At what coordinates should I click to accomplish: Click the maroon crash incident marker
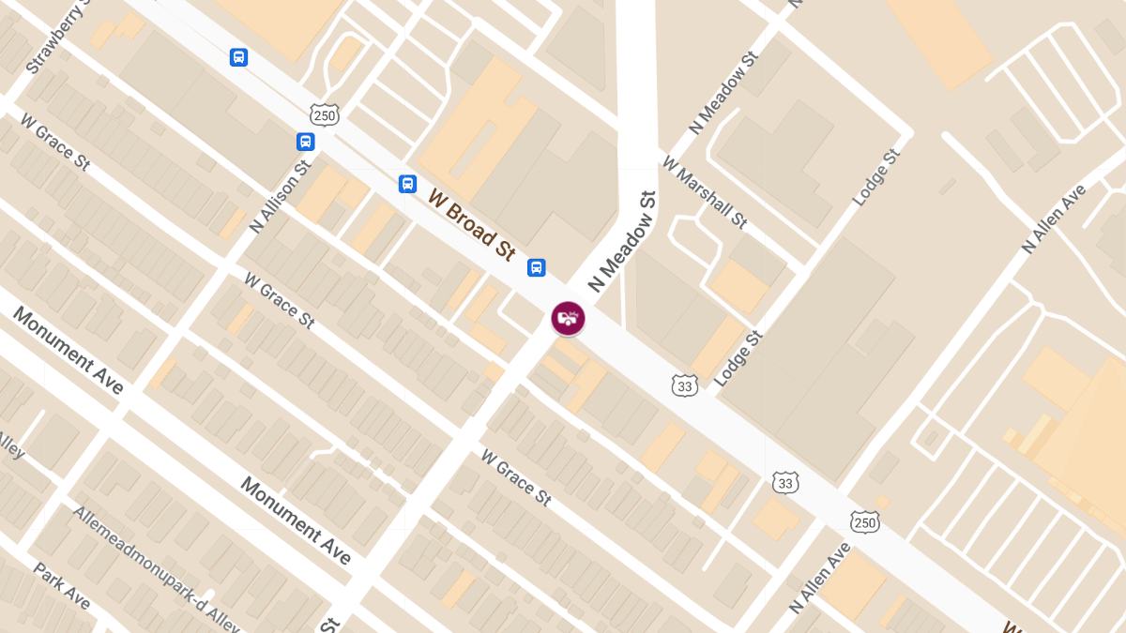pyautogui.click(x=568, y=318)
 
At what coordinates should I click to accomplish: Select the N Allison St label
pyautogui.click(x=280, y=197)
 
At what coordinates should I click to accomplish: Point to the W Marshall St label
pyautogui.click(x=705, y=191)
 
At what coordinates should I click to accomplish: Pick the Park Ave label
pyautogui.click(x=61, y=585)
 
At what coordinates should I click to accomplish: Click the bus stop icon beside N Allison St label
pyautogui.click(x=305, y=142)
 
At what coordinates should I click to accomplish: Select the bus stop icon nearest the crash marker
pyautogui.click(x=536, y=267)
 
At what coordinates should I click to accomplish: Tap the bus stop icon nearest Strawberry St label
pyautogui.click(x=239, y=57)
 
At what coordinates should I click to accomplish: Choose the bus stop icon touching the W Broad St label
pyautogui.click(x=407, y=183)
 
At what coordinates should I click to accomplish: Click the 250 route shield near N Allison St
pyautogui.click(x=324, y=115)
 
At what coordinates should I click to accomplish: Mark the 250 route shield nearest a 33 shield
pyautogui.click(x=864, y=520)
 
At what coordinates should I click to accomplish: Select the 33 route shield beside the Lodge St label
pyautogui.click(x=685, y=384)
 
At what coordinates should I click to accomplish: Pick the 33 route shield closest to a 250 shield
pyautogui.click(x=785, y=482)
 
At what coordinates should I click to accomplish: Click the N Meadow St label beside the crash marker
pyautogui.click(x=621, y=242)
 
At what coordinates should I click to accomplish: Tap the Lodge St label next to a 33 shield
pyautogui.click(x=738, y=358)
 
